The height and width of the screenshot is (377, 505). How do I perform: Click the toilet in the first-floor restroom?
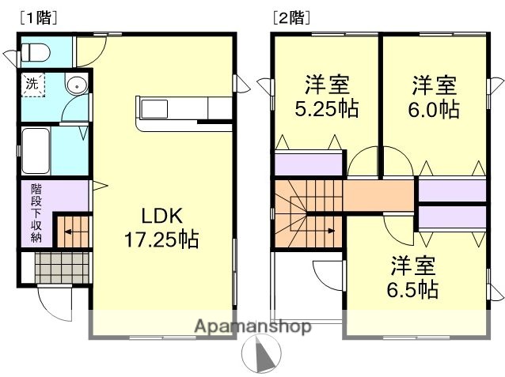[36, 53]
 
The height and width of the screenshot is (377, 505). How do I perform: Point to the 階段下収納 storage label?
[37, 213]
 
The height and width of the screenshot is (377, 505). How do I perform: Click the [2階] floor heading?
[290, 16]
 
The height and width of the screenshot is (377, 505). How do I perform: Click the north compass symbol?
[264, 352]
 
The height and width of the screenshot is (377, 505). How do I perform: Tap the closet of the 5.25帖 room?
[308, 164]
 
